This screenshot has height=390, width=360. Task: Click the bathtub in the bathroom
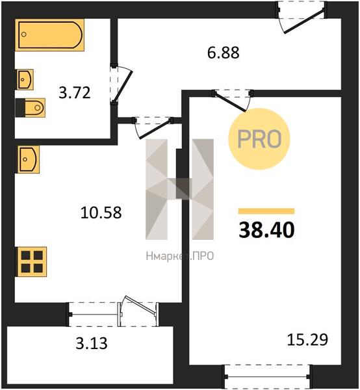(50, 35)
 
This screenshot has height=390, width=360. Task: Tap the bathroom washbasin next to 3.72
(25, 79)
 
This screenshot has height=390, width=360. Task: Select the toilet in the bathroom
(30, 108)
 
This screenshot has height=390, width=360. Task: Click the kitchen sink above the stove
(28, 159)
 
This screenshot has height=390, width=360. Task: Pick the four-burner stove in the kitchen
(32, 262)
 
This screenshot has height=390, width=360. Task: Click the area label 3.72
(75, 93)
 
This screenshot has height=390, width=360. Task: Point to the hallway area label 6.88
(224, 53)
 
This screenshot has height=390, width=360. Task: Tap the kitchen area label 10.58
(101, 213)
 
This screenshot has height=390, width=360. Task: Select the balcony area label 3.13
(92, 343)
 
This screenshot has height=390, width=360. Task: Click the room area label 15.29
(307, 340)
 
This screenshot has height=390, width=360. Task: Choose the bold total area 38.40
(266, 230)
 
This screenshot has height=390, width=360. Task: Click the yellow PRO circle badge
(259, 139)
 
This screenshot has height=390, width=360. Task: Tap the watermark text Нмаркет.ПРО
(180, 256)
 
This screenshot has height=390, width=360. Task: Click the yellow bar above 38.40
(266, 211)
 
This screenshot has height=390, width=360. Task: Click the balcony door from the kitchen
(138, 311)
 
